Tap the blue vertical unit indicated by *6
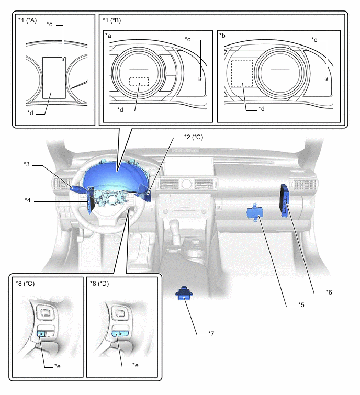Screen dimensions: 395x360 click(x=285, y=201)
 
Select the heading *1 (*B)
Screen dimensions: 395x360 click(x=114, y=20)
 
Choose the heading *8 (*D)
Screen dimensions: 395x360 click(x=103, y=285)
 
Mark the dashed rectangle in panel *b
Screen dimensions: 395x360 click(x=242, y=73)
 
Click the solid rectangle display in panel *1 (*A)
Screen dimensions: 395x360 click(x=53, y=77)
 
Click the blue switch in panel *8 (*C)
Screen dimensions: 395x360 click(x=42, y=333)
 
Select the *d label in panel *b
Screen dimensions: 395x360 click(x=262, y=109)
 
